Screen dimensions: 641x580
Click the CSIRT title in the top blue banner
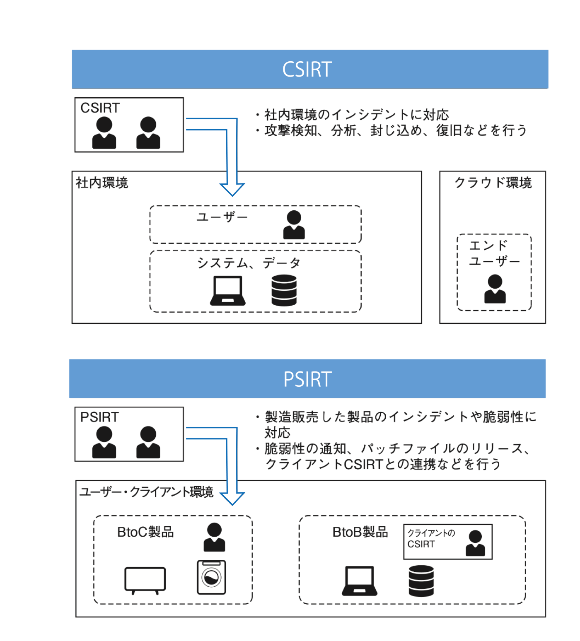coord(307,70)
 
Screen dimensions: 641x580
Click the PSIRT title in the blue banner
coord(307,379)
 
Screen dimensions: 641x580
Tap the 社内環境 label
coord(102,183)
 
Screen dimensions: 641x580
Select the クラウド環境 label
coord(493,183)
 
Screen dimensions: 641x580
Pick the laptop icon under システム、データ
coord(227,291)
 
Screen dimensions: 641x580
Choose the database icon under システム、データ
coord(284,291)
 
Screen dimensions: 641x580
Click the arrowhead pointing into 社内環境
coord(232,189)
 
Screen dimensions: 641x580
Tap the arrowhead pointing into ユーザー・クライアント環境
coord(232,499)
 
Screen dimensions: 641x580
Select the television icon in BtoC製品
coord(145,580)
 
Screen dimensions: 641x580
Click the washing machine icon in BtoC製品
coord(211,577)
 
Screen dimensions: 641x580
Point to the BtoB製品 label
coord(360,532)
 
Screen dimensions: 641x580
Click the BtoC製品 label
coord(145,532)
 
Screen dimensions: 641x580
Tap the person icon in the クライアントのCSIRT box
coord(475,543)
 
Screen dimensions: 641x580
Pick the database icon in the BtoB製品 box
coord(421,581)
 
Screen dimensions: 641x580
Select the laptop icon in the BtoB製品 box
coord(359,581)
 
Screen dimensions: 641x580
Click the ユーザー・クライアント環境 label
coord(146,492)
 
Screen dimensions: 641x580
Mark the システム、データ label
coord(249,263)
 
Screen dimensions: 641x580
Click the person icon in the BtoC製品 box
coord(214,537)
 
